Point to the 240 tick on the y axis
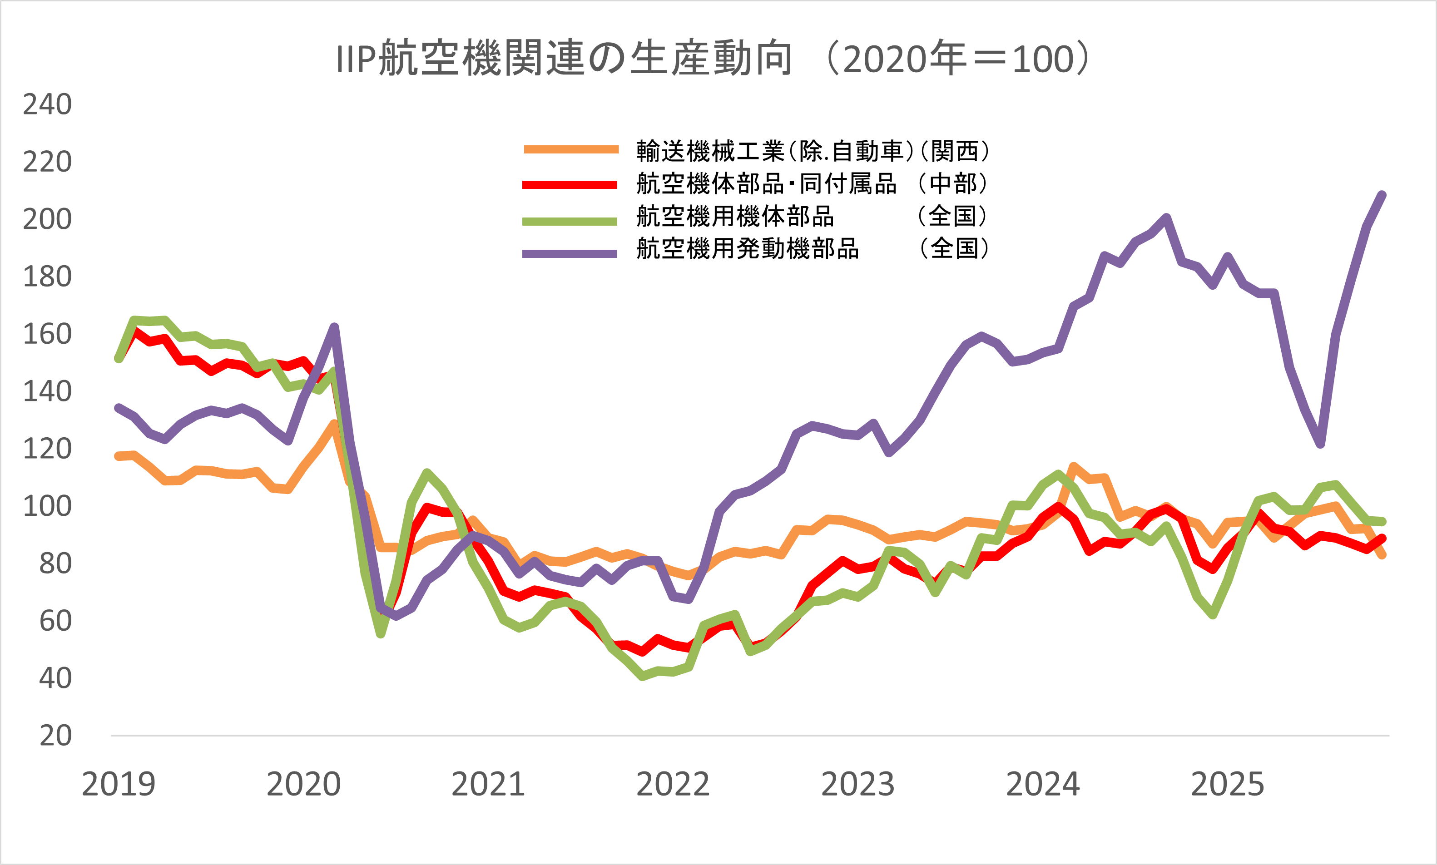coord(47,104)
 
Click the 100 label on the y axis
coord(47,506)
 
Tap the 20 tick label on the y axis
coord(55,736)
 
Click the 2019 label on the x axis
coord(119,784)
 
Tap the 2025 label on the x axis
coord(1227,784)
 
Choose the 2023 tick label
coord(857,784)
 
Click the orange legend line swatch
coord(571,150)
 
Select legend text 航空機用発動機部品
coord(748,249)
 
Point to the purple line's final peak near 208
coord(1382,195)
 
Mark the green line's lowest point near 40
coord(642,676)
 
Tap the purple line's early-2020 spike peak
coord(334,327)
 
